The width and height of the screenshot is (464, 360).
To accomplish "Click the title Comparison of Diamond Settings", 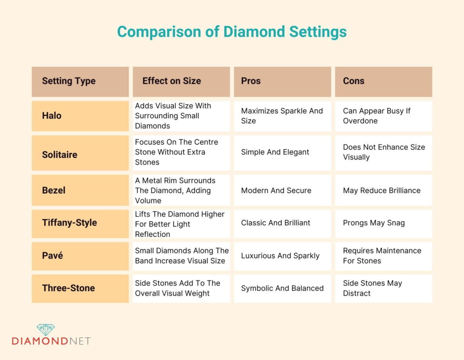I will tap(232, 32).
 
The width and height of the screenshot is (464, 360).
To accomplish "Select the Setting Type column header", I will tap(69, 81).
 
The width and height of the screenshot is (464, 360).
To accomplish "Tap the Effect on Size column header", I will tap(171, 81).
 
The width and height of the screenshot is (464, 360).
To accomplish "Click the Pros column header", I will tap(251, 81).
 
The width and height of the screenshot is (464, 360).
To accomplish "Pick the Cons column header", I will tap(353, 81).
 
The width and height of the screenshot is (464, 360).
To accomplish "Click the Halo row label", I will tap(52, 116).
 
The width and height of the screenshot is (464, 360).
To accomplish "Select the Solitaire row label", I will tap(59, 155).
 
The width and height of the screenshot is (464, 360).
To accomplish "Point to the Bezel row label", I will tap(53, 190).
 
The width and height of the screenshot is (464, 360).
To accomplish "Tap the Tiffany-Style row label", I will tap(69, 223).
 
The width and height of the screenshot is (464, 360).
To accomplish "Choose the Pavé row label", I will tap(53, 256).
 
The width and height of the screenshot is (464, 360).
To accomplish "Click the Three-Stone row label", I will tap(68, 288).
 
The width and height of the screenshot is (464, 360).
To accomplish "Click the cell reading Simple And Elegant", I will tap(275, 152).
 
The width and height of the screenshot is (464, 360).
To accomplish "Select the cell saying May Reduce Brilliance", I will tap(382, 190).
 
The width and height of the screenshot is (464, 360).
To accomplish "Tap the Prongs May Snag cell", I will tap(374, 223).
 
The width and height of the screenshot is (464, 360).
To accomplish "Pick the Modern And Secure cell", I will tap(276, 190).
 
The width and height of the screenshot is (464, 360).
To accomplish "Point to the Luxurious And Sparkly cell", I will tap(280, 256).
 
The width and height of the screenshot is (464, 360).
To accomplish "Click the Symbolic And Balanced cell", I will tap(282, 288).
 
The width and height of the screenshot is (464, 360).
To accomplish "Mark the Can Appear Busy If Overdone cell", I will tap(377, 116).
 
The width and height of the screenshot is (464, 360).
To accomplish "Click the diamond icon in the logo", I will tap(45, 330).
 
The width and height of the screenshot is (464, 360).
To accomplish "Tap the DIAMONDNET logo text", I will tap(51, 341).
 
